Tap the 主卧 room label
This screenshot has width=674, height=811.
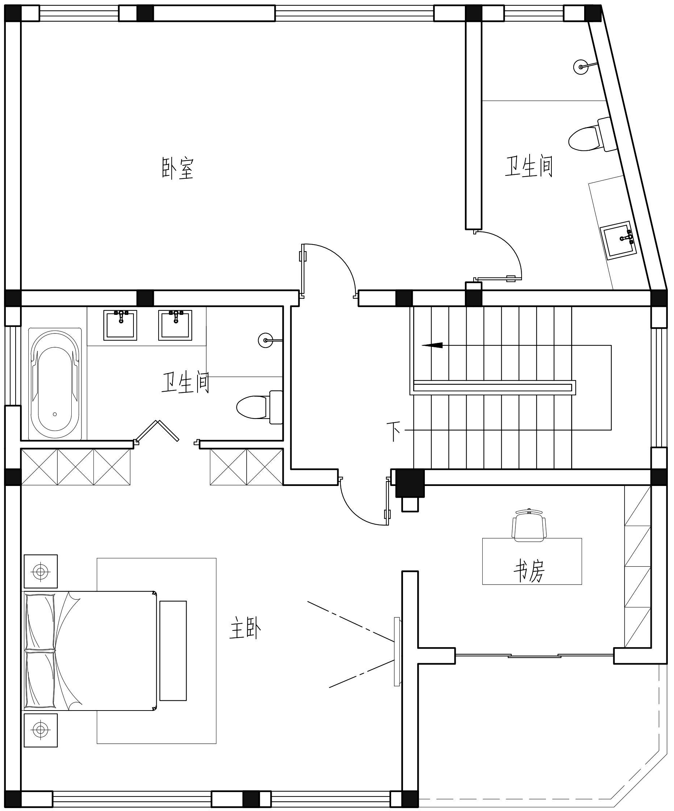(245, 628)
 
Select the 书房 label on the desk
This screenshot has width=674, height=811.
(529, 571)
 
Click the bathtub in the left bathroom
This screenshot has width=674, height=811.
(55, 384)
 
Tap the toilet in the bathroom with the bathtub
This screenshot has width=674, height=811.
(260, 407)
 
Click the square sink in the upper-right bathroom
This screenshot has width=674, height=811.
(621, 240)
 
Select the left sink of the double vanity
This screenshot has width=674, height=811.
(120, 325)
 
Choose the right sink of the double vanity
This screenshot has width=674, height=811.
(175, 325)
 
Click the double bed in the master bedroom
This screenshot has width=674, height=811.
(90, 650)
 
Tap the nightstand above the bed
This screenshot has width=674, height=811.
(41, 571)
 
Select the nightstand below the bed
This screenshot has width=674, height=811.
(41, 730)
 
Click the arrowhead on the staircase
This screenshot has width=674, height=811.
(432, 345)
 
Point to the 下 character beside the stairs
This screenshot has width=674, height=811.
(393, 432)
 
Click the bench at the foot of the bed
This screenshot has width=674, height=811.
(173, 651)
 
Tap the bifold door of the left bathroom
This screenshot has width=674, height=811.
(156, 432)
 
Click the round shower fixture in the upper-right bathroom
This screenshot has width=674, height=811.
(581, 67)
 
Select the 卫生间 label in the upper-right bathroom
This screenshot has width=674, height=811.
(529, 166)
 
